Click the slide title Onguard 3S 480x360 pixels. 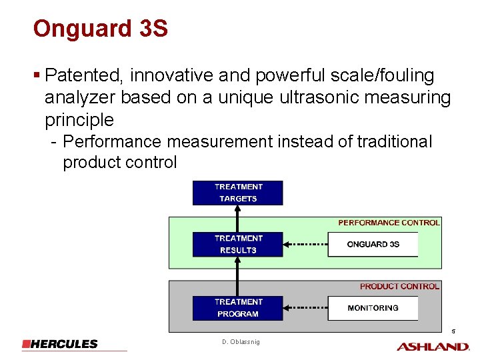100,29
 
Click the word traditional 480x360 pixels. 395,142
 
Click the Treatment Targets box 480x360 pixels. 238,193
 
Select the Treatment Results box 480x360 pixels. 238,244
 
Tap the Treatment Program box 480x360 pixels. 238,308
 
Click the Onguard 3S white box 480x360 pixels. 373,244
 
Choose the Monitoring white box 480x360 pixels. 373,308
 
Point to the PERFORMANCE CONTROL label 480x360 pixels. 389,223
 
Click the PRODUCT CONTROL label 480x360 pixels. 399,286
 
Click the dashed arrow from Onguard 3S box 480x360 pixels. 305,245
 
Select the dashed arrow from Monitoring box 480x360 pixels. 305,309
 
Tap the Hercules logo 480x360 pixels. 60,344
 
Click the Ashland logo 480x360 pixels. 433,346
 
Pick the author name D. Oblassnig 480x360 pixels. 241,342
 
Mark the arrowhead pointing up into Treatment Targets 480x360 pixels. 238,208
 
